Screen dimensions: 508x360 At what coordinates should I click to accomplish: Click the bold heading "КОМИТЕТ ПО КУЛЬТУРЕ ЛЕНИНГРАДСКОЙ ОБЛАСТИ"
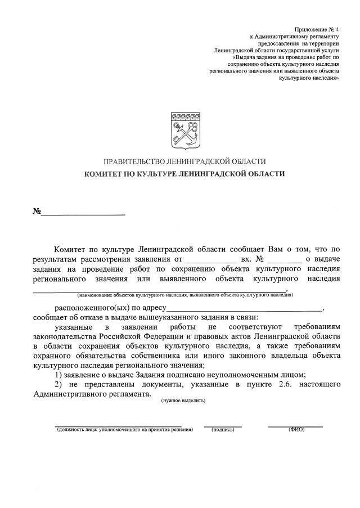[184, 174]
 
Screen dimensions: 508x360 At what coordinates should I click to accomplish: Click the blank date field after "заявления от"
[211, 260]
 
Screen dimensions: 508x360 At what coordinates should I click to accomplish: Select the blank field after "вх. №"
[285, 260]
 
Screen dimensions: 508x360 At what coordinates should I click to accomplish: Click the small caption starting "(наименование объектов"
[185, 294]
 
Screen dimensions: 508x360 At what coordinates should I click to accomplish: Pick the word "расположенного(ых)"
[88, 308]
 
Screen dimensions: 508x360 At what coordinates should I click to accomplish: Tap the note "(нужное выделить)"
[183, 400]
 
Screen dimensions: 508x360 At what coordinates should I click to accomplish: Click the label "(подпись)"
[223, 429]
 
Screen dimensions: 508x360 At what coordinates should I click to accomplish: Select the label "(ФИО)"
[296, 429]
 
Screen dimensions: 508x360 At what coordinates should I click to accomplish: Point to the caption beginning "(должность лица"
[124, 429]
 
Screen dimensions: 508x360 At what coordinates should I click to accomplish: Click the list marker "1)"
[58, 374]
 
